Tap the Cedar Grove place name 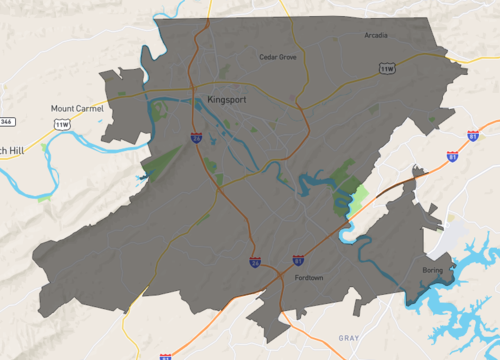coord(278,57)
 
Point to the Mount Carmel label coord(71,108)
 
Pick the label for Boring coord(432,271)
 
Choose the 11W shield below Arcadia coord(387,68)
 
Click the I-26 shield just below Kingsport coord(198,137)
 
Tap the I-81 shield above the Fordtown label coord(298,260)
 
